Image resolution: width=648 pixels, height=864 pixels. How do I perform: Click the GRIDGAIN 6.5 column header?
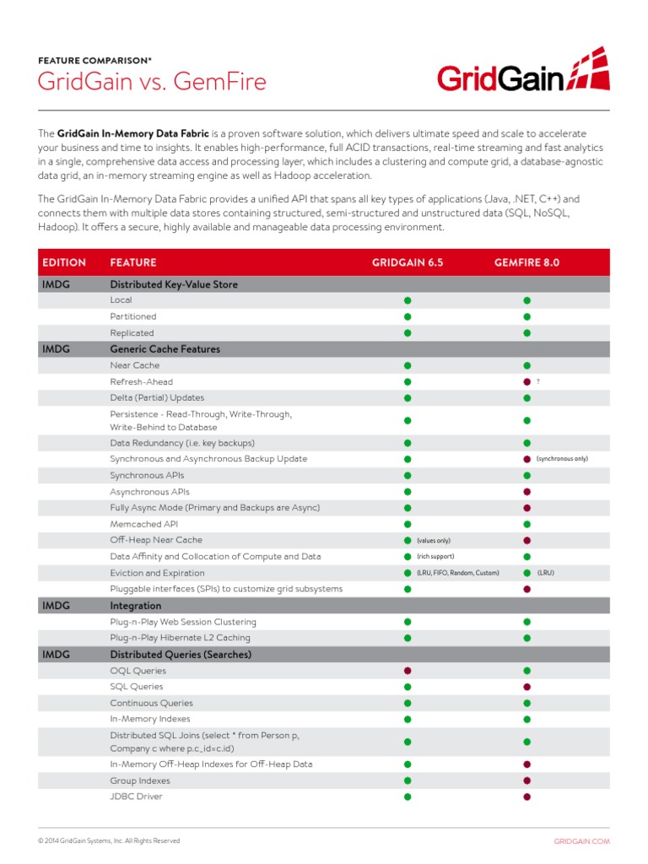click(407, 262)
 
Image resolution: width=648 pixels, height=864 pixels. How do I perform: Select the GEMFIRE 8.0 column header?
click(526, 262)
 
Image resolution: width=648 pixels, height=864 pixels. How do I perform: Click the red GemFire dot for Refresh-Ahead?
click(526, 381)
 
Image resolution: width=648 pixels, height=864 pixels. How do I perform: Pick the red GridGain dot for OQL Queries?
click(407, 671)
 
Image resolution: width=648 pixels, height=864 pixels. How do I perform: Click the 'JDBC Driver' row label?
click(136, 796)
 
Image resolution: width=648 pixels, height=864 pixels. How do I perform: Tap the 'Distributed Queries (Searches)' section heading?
click(181, 655)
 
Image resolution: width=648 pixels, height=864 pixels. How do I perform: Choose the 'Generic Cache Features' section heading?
click(165, 348)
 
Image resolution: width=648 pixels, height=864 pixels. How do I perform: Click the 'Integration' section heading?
click(135, 606)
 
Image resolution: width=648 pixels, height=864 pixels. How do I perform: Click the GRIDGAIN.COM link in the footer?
click(581, 841)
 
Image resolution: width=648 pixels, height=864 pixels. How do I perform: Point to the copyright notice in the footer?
click(109, 841)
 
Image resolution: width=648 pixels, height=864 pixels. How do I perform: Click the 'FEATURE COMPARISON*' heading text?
click(95, 61)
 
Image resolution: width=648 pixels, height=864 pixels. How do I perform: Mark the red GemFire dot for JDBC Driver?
click(526, 796)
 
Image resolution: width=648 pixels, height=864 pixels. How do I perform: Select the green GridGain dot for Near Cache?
click(407, 365)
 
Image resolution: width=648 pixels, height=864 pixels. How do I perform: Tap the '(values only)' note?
click(434, 540)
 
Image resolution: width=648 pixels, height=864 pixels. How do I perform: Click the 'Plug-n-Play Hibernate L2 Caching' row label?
click(180, 638)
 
